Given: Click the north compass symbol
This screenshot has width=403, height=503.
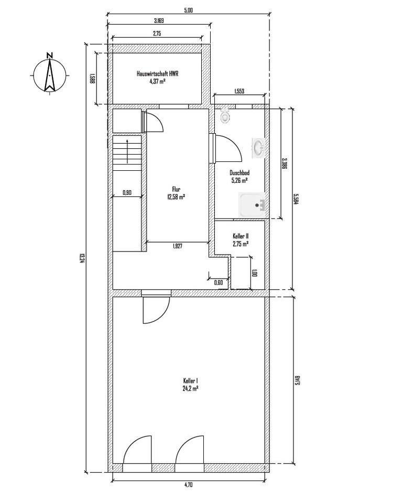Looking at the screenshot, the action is click(x=49, y=74).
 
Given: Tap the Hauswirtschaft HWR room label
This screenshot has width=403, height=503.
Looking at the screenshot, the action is click(x=157, y=78).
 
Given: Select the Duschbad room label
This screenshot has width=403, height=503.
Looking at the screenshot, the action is click(x=239, y=176).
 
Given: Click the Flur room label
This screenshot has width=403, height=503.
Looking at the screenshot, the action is click(x=176, y=193).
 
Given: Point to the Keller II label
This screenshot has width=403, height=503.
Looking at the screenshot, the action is click(x=240, y=240).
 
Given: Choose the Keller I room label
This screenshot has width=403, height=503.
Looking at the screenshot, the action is click(x=190, y=385).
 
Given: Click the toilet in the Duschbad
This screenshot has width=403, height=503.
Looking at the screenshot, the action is click(x=225, y=116).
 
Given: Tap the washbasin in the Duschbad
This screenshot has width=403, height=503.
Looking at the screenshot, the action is click(x=258, y=148).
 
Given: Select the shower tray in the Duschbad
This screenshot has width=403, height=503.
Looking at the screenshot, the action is click(x=253, y=205).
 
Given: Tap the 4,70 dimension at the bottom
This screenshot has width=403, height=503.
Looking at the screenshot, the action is click(x=189, y=485).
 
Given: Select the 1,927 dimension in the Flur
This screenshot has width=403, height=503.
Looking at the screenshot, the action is click(x=178, y=246).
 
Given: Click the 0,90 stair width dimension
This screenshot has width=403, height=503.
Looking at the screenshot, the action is click(x=127, y=192).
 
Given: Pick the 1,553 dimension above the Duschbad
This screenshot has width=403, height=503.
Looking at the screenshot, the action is click(x=239, y=91).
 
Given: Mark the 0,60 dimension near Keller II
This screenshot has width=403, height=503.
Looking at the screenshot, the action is click(x=219, y=283).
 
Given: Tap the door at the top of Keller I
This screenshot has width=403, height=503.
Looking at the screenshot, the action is click(x=156, y=309).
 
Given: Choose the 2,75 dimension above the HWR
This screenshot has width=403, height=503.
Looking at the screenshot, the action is click(x=157, y=33).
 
